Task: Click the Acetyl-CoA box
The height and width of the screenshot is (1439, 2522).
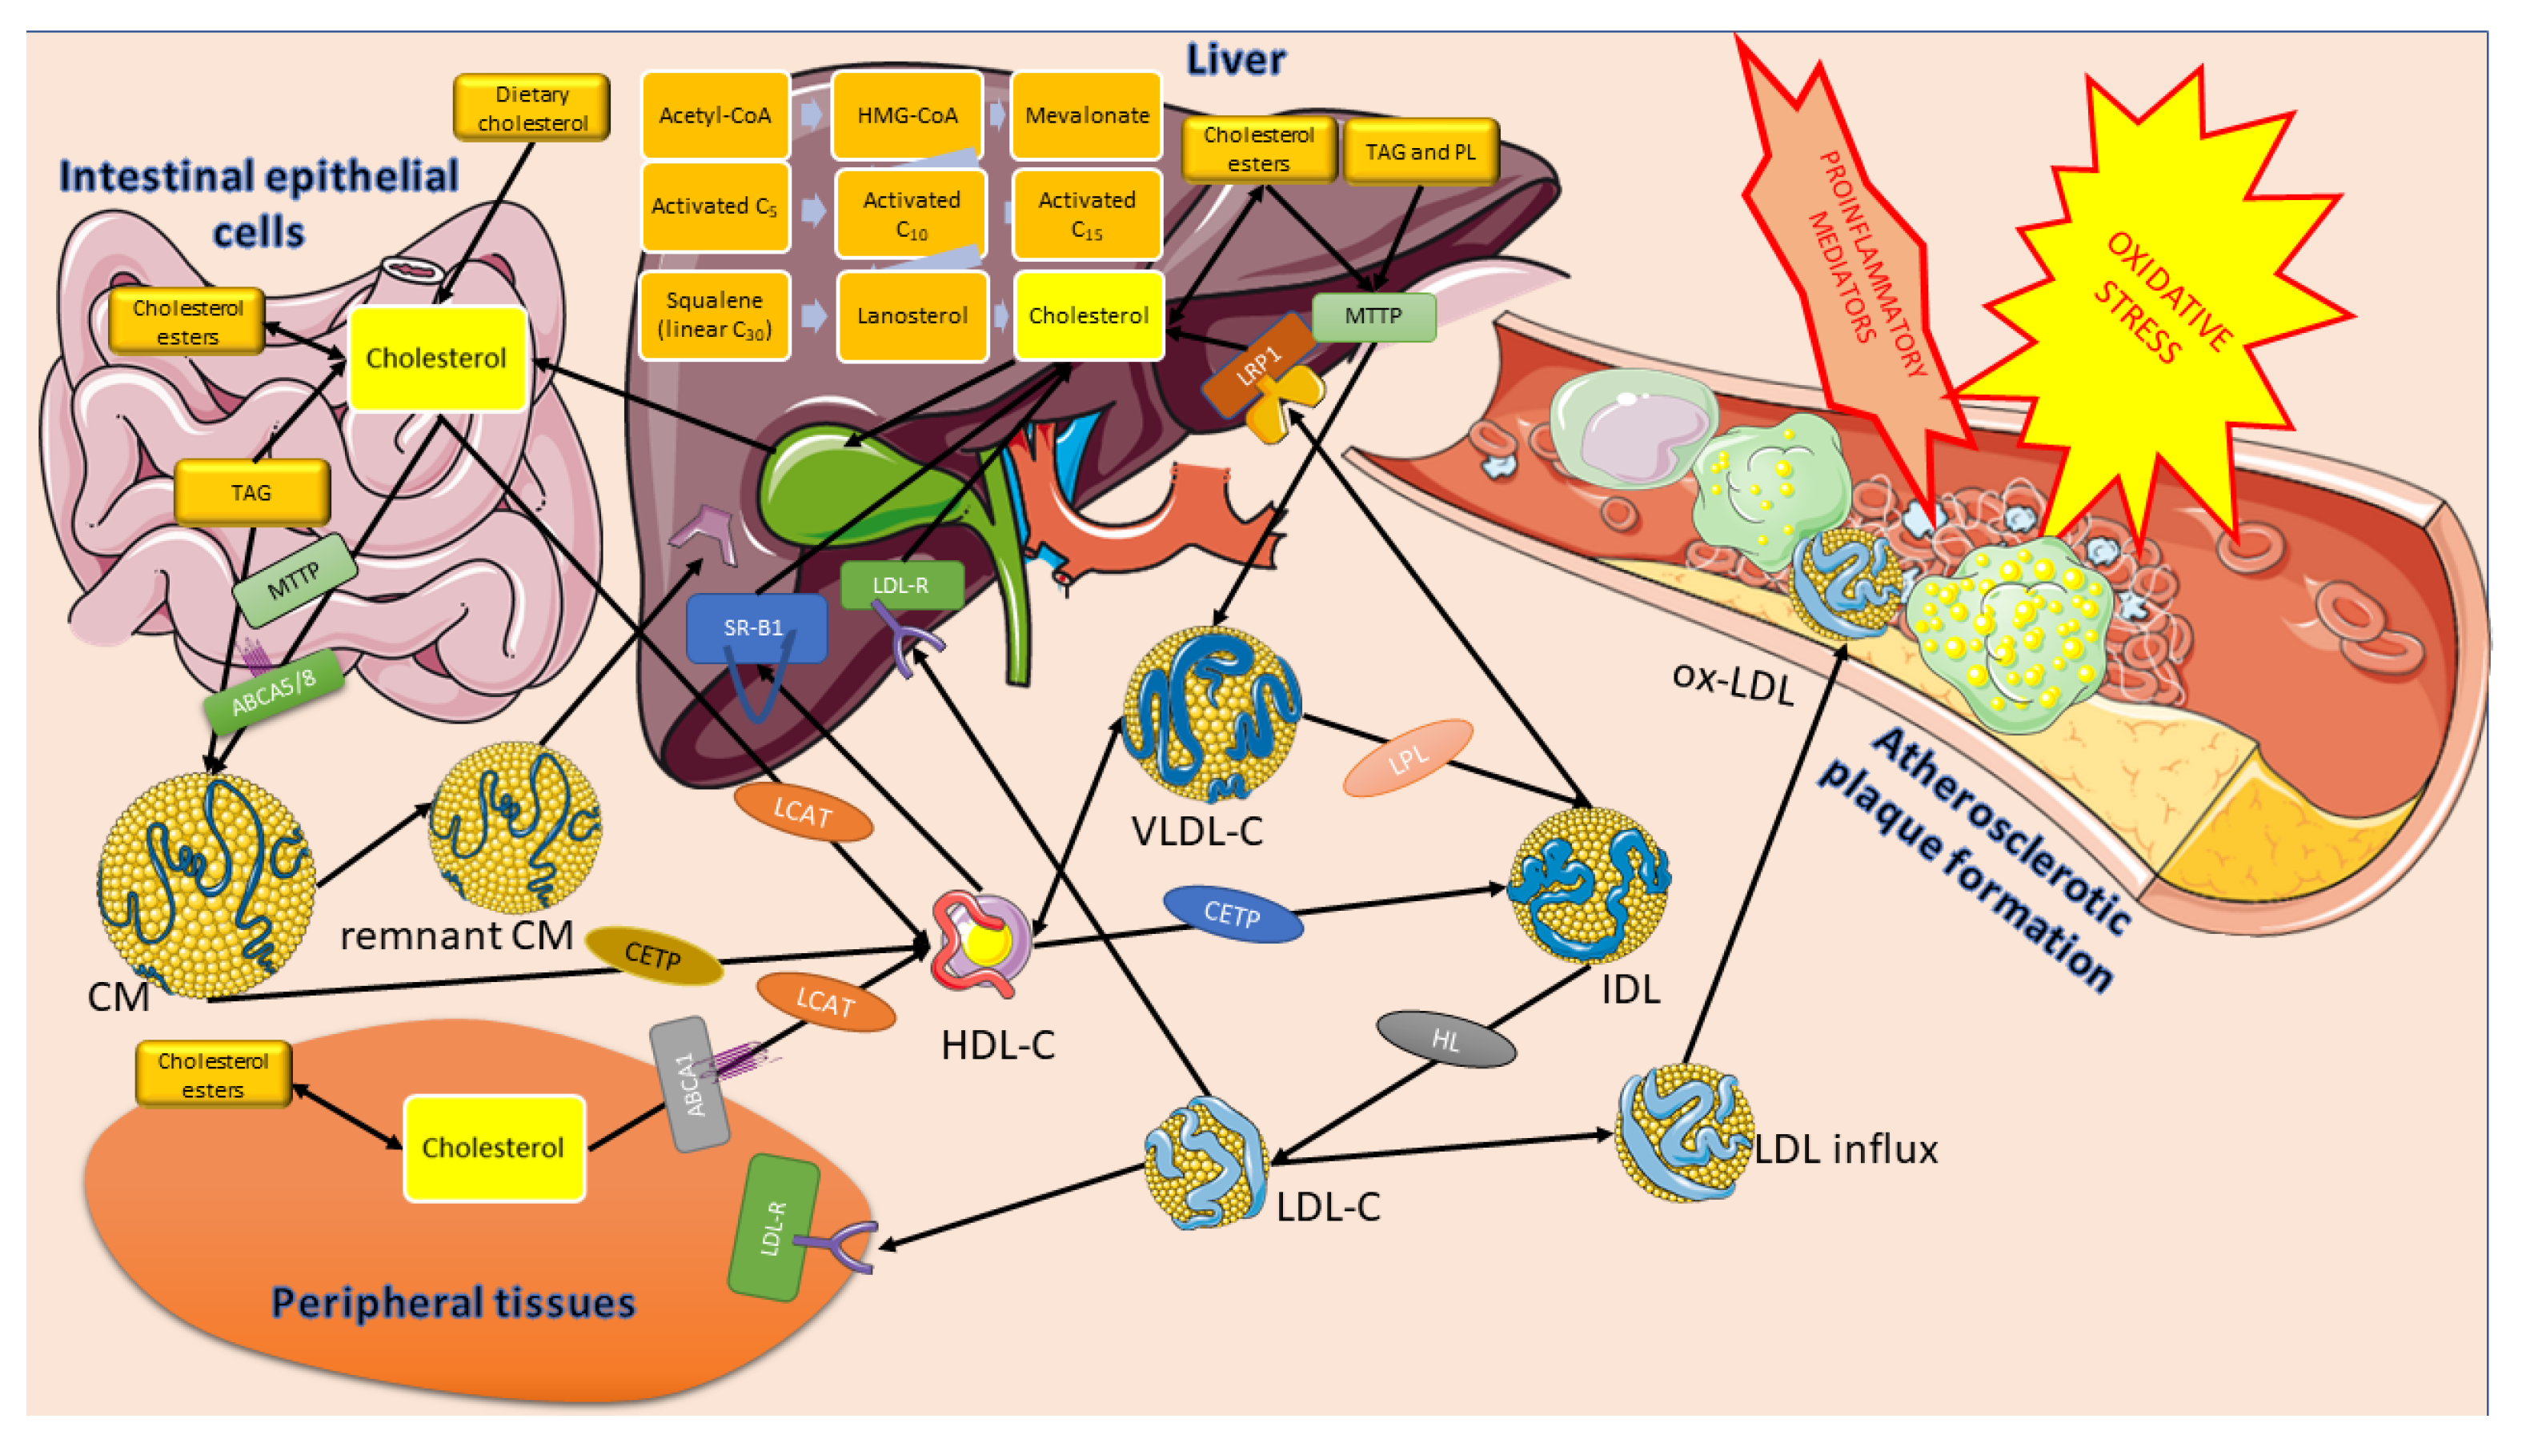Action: [715, 115]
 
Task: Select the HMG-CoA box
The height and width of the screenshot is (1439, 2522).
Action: [906, 115]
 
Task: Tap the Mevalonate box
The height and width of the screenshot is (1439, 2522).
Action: [1086, 115]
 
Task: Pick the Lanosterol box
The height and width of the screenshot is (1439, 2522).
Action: [912, 316]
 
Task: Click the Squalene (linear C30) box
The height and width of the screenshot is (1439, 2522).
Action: [715, 315]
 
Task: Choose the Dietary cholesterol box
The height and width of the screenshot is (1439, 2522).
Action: [531, 108]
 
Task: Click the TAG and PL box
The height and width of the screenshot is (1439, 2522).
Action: [1420, 151]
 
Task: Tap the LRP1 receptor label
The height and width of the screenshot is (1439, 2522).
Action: [1258, 366]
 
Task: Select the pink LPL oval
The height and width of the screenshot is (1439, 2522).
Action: [1407, 758]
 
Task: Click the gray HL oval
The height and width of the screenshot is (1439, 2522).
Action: [1445, 1039]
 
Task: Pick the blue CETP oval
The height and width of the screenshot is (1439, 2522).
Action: [1233, 913]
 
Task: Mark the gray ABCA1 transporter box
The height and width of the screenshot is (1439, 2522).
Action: [690, 1084]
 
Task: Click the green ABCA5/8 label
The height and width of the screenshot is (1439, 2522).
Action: [273, 691]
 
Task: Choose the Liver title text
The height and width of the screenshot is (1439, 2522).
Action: [1235, 59]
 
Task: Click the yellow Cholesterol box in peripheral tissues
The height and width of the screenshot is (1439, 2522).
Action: [494, 1148]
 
